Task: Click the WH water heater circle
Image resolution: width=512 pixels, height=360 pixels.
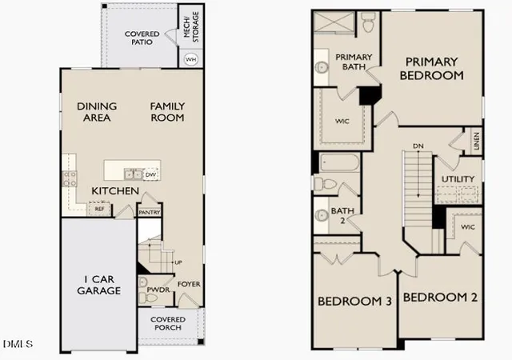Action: (x=190, y=59)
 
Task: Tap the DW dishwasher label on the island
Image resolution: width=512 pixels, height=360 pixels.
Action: (x=150, y=174)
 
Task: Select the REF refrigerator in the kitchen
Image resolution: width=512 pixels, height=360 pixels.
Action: (x=99, y=209)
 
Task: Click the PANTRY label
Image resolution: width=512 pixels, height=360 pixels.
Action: (x=150, y=212)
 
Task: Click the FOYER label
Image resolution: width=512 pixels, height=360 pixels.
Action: (x=189, y=284)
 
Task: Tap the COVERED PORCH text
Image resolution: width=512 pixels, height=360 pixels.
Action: (x=168, y=323)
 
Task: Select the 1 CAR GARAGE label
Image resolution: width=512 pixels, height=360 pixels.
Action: (x=99, y=285)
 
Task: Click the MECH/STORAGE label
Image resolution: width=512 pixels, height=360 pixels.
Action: (x=191, y=26)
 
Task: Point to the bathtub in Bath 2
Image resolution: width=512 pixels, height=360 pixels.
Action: (x=339, y=162)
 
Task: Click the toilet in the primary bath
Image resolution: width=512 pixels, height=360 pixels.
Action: (x=368, y=22)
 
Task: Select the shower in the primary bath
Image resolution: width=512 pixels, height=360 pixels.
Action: (x=334, y=22)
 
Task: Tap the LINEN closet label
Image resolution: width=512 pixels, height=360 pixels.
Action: (x=477, y=141)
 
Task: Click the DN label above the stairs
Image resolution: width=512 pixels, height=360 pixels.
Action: (x=418, y=146)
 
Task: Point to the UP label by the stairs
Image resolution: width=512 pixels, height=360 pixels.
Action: (x=178, y=262)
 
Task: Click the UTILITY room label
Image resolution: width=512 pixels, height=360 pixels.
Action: (x=458, y=179)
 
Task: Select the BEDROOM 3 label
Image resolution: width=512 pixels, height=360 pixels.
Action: (x=354, y=301)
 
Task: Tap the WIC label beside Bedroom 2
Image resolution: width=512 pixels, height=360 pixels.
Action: (x=467, y=226)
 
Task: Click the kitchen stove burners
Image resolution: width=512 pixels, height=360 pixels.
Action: (x=70, y=178)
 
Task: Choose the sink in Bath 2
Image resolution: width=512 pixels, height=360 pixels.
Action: (x=322, y=215)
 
